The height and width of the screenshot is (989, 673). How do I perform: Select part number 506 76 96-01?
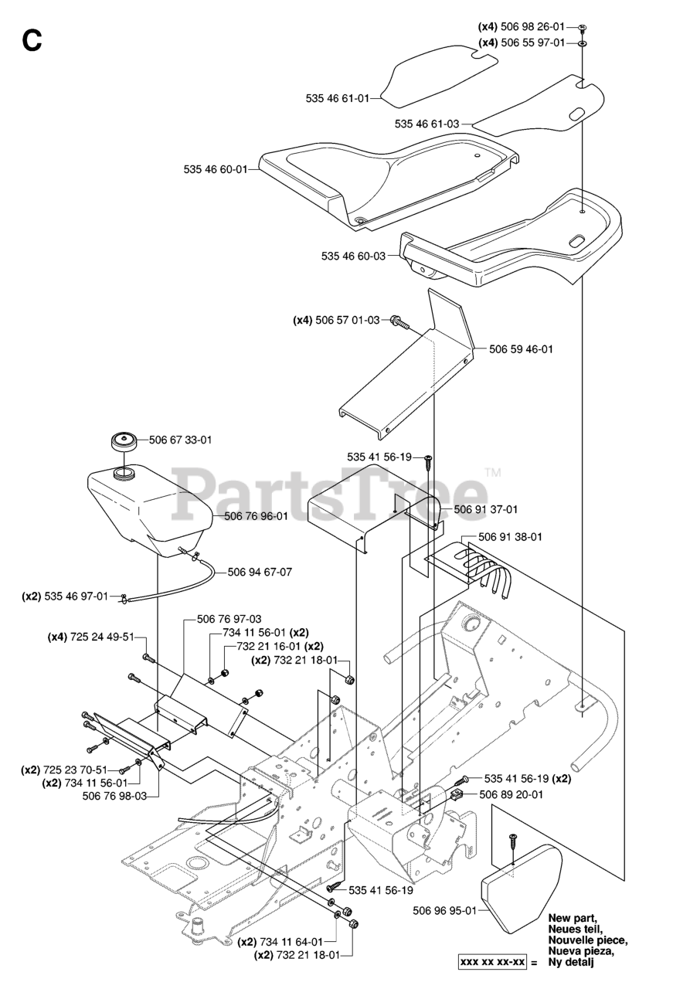(x=256, y=517)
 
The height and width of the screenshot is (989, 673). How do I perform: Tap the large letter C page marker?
(x=32, y=40)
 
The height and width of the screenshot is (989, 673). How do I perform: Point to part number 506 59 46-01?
(x=521, y=349)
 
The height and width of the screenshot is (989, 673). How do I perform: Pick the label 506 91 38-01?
(x=510, y=537)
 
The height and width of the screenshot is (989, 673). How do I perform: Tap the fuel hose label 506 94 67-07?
(x=260, y=573)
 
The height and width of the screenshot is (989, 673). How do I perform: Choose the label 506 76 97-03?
(x=229, y=619)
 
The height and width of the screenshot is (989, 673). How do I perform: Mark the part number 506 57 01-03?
(x=348, y=320)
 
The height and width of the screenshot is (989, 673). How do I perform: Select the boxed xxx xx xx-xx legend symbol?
(x=493, y=963)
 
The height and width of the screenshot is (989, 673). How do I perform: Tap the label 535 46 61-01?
(x=338, y=98)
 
